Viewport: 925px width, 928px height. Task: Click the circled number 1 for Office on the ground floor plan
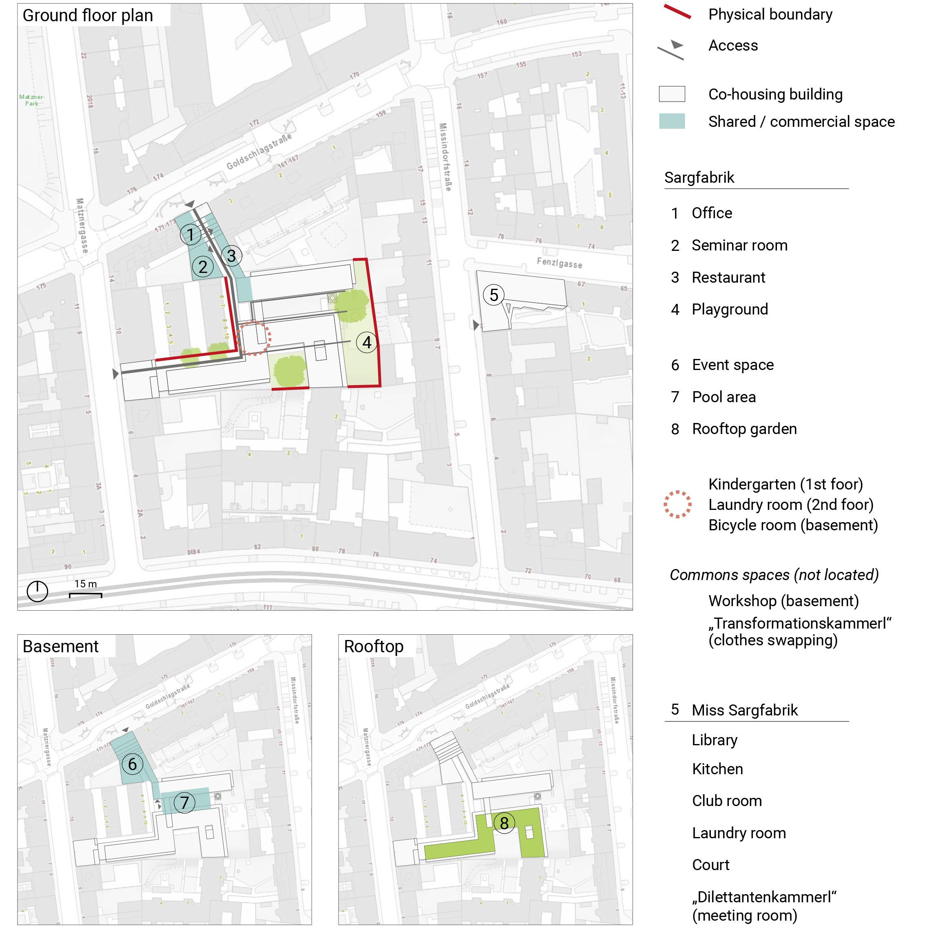point(190,235)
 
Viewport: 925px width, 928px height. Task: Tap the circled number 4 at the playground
point(367,343)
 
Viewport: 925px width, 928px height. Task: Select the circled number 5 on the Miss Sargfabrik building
point(494,295)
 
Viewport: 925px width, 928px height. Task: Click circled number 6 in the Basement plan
point(132,764)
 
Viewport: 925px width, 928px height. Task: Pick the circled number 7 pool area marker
point(184,802)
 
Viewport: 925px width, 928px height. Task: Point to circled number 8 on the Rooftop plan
point(504,823)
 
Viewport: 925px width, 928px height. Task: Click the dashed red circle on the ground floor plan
point(254,338)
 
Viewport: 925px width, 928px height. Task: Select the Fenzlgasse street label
point(559,263)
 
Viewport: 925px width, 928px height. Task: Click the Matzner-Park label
point(32,100)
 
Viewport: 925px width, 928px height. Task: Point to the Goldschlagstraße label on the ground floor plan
point(259,152)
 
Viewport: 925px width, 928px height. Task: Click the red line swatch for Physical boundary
point(677,12)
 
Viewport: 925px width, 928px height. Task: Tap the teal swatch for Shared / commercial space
point(671,121)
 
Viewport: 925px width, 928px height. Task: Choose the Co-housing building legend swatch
point(671,94)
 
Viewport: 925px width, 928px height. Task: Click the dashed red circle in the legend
point(677,504)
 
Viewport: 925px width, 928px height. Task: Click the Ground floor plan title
point(88,16)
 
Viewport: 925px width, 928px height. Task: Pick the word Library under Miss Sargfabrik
point(714,740)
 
